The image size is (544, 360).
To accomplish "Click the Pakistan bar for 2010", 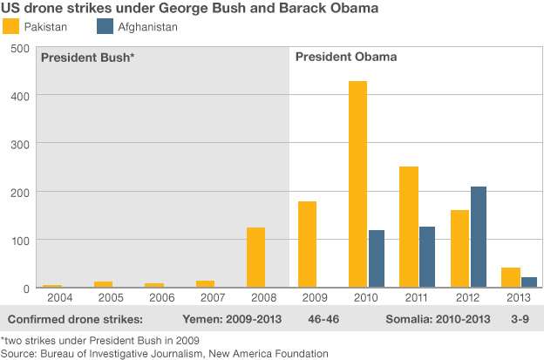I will tap(357, 184).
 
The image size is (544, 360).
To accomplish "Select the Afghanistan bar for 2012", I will tap(479, 236).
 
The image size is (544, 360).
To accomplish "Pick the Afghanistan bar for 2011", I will tap(427, 256).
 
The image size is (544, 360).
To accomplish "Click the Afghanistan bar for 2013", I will tap(529, 282).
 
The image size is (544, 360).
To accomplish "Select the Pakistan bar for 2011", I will tap(409, 227).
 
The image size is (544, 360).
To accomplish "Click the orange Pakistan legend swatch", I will tap(11, 27).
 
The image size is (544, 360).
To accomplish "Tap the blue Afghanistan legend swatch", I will tap(103, 27).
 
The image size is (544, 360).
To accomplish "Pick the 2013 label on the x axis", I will tap(518, 297).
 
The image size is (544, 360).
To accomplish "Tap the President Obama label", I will tap(346, 58).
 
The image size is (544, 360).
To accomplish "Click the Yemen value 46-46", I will tap(323, 318).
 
